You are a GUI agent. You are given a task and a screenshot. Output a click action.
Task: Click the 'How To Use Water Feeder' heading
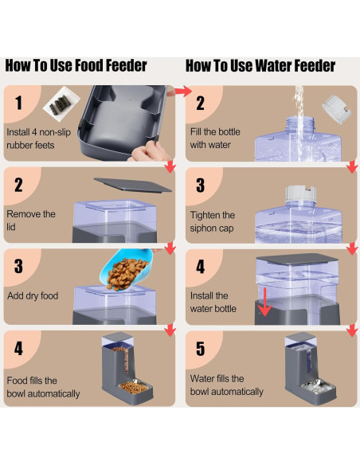coord(260,65)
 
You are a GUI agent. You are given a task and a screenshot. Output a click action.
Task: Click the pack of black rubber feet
coord(61,106)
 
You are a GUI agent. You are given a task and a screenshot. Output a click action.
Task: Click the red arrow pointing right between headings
coord(182,93)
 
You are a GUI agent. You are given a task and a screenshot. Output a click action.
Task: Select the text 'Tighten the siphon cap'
coord(213,221)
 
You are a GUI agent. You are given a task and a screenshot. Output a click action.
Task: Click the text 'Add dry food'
coord(32,296)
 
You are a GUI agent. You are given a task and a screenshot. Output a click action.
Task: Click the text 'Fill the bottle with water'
coord(211,139)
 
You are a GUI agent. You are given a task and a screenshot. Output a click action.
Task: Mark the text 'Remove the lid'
coord(31,220)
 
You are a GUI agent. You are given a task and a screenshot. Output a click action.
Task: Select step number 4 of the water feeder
coord(201,268)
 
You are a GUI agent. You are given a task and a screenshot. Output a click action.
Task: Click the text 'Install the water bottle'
coord(213,302)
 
